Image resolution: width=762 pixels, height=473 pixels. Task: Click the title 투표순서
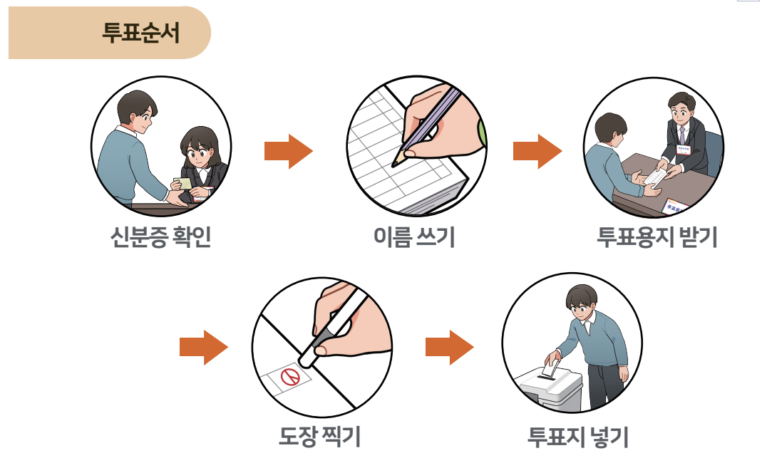pos(141,33)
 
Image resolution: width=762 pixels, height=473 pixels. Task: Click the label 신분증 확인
pos(161,237)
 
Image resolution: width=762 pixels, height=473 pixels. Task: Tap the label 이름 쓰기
pos(414,237)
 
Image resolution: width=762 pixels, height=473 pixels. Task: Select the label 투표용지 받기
pos(657,237)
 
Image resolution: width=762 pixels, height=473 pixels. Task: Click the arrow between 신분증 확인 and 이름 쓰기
pos(288,151)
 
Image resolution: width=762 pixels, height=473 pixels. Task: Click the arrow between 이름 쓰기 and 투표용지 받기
pos(537,151)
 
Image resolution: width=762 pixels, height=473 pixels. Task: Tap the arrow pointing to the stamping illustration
pos(203,347)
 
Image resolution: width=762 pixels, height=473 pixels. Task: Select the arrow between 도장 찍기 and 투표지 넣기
pos(449,347)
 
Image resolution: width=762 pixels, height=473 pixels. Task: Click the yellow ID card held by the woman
pos(185,184)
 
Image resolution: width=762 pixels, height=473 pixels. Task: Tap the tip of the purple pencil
pos(394,162)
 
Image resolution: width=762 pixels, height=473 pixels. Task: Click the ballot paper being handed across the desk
pos(655,177)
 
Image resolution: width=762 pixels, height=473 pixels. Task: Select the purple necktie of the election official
pos(682,135)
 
